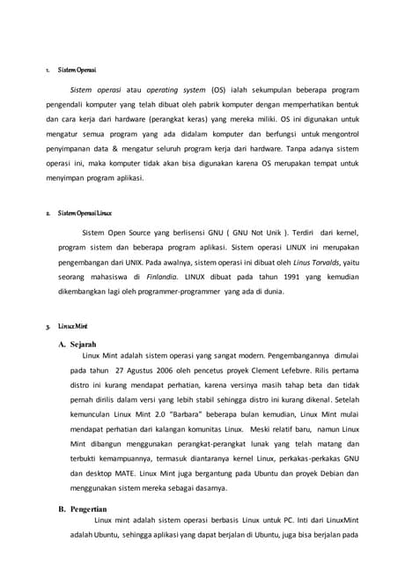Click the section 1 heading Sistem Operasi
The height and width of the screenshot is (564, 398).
pos(77,69)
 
